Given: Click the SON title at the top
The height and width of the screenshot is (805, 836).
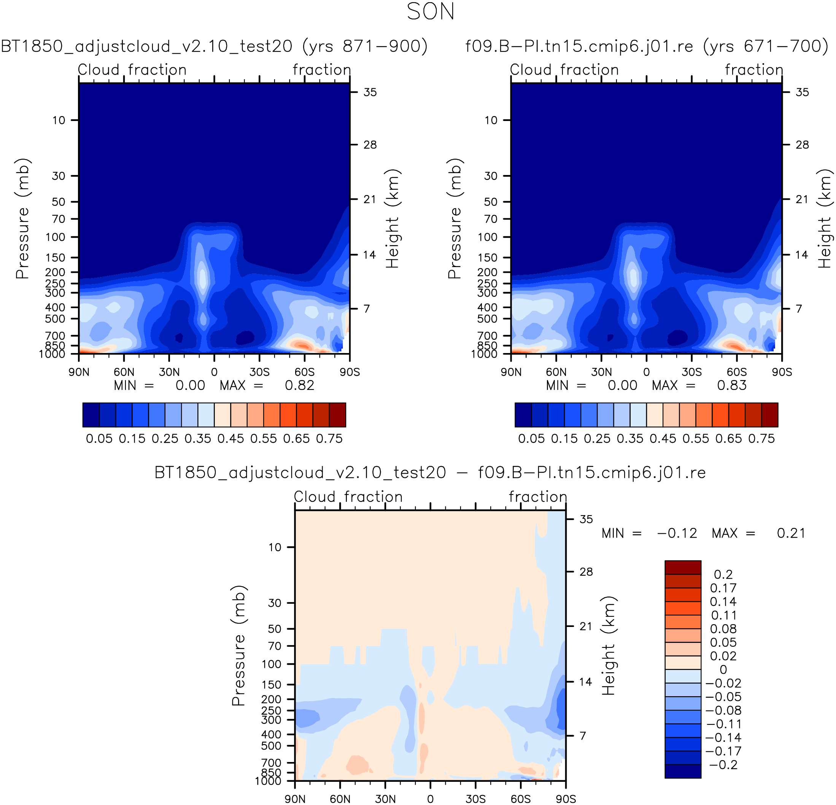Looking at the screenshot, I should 431,12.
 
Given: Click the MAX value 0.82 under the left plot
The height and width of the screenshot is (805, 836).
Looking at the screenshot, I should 299,386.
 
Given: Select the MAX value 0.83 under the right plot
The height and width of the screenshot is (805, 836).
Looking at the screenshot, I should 731,386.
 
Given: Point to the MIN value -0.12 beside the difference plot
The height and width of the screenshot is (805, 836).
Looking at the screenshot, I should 677,533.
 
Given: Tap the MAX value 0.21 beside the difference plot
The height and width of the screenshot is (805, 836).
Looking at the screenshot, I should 791,533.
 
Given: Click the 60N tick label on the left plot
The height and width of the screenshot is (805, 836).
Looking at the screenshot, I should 124,372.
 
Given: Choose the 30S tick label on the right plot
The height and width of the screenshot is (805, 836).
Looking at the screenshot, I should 691,372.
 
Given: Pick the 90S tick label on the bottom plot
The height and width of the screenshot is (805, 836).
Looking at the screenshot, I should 566,799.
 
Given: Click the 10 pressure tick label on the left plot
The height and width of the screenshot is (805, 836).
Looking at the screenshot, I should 59,120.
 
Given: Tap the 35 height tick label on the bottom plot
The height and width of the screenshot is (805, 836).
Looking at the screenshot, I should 586,519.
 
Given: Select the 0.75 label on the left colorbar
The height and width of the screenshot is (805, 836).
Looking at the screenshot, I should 329,439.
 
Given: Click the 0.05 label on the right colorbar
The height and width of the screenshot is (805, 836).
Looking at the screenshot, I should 531,439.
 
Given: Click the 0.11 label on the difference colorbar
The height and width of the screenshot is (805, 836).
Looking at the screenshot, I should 724,615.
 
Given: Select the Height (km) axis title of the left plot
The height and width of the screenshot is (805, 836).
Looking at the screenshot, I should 392,219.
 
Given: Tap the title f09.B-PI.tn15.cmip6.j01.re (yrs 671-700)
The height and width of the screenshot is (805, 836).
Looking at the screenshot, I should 647,46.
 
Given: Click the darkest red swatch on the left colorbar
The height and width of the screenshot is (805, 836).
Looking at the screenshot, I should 337,415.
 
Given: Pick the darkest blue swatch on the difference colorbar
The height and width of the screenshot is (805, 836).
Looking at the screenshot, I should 683,771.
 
